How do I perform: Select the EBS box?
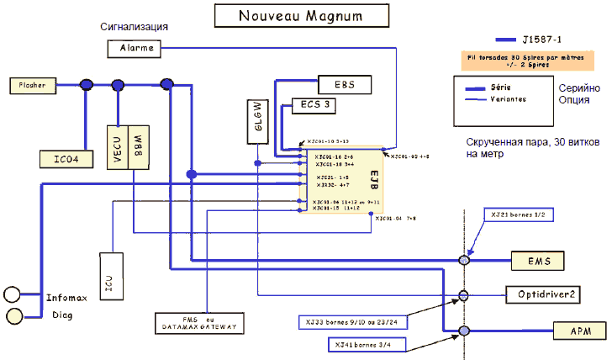point(345,84)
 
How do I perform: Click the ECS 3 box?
point(314,107)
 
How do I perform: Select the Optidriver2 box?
point(552,294)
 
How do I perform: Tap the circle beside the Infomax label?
point(13,294)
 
